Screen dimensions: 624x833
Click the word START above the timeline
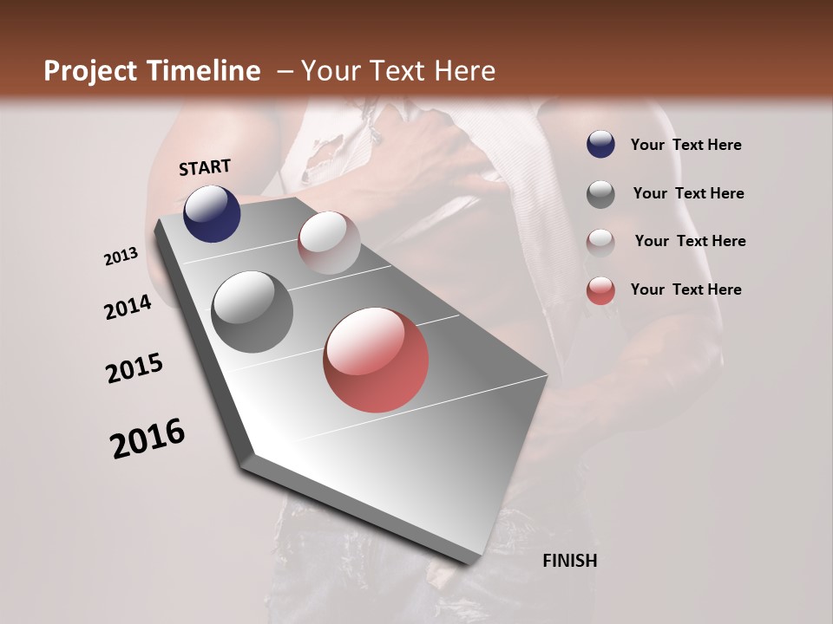[205, 167]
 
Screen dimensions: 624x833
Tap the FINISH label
[570, 561]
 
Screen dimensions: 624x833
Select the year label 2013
[121, 257]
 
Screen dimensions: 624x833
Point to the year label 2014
[128, 308]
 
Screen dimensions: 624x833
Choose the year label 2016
[148, 439]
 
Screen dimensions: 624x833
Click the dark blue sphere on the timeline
[212, 214]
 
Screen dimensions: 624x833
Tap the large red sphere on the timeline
[376, 360]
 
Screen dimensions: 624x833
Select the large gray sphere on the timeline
[253, 312]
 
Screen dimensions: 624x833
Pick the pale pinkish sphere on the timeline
[329, 243]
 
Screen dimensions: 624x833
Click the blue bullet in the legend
[600, 145]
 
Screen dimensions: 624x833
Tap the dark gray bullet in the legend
[600, 194]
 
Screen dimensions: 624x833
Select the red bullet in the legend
[600, 290]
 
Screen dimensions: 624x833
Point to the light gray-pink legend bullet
[600, 242]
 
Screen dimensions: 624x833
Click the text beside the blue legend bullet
[686, 145]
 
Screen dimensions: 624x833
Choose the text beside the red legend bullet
[686, 289]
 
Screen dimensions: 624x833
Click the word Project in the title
[90, 72]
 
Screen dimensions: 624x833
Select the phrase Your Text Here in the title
[398, 71]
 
